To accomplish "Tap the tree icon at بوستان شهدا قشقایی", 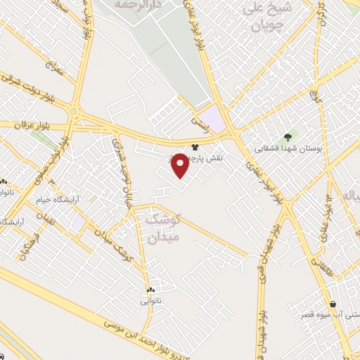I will (x=287, y=137).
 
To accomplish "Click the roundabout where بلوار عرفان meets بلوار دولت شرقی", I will (x=74, y=110).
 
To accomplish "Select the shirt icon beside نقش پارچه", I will (x=195, y=148).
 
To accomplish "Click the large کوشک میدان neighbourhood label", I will (x=162, y=229).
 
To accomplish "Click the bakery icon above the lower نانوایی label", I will (x=150, y=290).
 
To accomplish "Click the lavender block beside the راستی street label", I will (x=214, y=117).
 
